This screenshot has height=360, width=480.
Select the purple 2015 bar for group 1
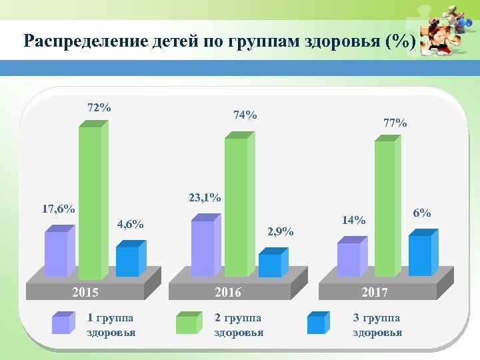[56, 253]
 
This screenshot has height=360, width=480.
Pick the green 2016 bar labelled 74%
[236, 207]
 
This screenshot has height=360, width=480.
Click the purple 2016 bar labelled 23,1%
[203, 247]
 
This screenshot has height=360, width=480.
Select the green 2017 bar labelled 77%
[385, 208]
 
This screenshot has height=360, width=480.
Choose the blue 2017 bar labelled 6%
[420, 255]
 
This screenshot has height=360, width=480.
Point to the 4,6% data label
[130, 224]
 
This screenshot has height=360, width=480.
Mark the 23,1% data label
[205, 197]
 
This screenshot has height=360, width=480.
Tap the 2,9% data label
[280, 232]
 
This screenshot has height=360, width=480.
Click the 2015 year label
[85, 293]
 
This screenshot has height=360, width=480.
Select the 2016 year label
[228, 293]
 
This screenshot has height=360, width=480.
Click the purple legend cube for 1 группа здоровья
[61, 323]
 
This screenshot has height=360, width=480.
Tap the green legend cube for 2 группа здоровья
[187, 323]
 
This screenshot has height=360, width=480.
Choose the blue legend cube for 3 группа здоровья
[317, 323]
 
